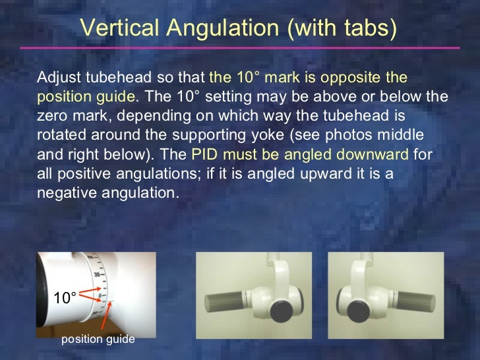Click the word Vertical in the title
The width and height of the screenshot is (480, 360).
113,28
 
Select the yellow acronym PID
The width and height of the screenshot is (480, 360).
204,156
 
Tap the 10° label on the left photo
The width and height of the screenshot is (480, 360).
66,298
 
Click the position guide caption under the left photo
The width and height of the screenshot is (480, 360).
98,339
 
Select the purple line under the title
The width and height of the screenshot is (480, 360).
240,47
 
